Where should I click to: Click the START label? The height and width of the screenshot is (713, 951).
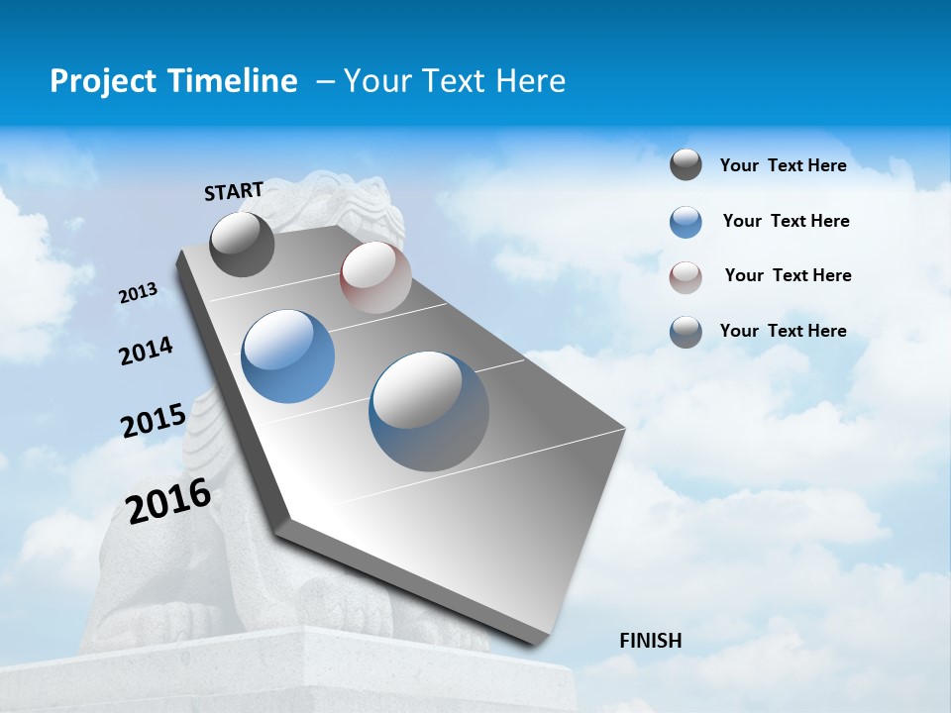pyautogui.click(x=234, y=190)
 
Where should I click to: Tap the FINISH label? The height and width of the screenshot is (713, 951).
pyautogui.click(x=650, y=641)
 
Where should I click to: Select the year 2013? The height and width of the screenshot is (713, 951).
pyautogui.click(x=138, y=293)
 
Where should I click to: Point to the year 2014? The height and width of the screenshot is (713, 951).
pyautogui.click(x=146, y=351)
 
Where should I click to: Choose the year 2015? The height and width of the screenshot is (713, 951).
pyautogui.click(x=153, y=421)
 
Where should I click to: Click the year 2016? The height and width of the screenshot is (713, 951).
pyautogui.click(x=168, y=500)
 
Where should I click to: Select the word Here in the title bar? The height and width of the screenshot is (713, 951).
pyautogui.click(x=530, y=81)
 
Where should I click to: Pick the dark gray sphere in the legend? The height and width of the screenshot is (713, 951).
pyautogui.click(x=686, y=165)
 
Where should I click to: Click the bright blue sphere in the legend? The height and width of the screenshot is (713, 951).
pyautogui.click(x=686, y=222)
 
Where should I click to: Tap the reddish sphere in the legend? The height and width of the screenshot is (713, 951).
pyautogui.click(x=686, y=277)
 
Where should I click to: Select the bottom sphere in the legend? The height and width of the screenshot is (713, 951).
pyautogui.click(x=686, y=332)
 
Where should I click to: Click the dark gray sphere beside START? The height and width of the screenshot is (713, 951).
pyautogui.click(x=242, y=245)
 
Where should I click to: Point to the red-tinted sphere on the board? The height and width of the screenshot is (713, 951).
pyautogui.click(x=375, y=277)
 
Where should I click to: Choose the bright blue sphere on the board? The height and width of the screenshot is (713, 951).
pyautogui.click(x=288, y=356)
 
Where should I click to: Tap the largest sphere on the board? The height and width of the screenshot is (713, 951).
pyautogui.click(x=428, y=411)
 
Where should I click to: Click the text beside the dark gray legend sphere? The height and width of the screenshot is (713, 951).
pyautogui.click(x=783, y=165)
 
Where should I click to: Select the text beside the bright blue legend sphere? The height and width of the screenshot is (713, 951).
pyautogui.click(x=786, y=221)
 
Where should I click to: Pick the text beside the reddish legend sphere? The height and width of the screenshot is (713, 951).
pyautogui.click(x=788, y=275)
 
